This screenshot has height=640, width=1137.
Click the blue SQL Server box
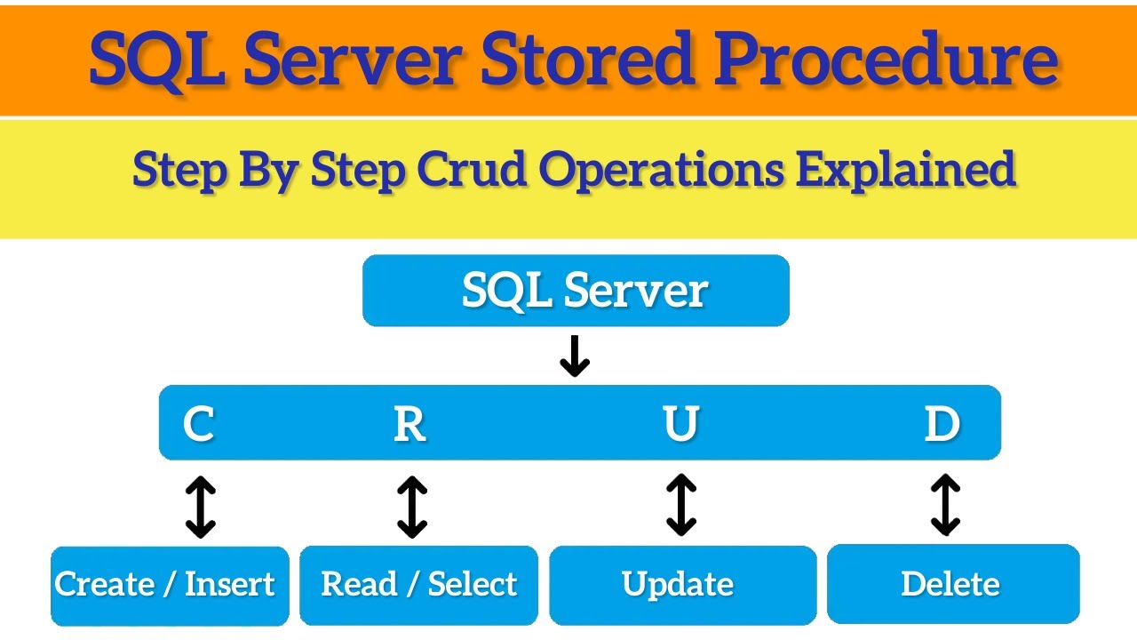[x=576, y=291]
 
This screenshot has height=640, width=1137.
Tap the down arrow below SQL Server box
[x=575, y=356]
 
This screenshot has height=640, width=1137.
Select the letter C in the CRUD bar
[x=198, y=423]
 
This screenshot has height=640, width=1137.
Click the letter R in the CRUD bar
[x=409, y=423]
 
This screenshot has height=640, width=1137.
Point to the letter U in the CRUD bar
[x=680, y=423]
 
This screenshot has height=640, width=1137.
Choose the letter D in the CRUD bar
[x=942, y=423]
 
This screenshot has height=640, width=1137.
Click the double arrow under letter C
[x=201, y=507]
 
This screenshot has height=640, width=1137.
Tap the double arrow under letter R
[x=412, y=507]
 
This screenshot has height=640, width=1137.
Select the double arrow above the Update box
[x=681, y=505]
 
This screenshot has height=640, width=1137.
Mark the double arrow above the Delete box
[x=945, y=505]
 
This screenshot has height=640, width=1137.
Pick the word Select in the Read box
[x=472, y=584]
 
